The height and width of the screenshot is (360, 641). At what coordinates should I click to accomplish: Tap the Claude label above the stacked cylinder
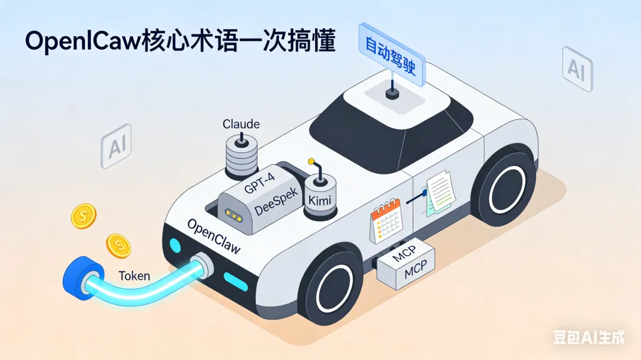(x=241, y=124)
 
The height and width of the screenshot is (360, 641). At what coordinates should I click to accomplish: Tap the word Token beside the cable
(x=134, y=276)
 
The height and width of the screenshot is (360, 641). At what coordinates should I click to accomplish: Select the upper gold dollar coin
(x=84, y=216)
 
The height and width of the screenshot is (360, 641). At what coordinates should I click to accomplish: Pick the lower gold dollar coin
(x=119, y=245)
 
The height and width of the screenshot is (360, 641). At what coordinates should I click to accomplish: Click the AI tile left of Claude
(x=117, y=146)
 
